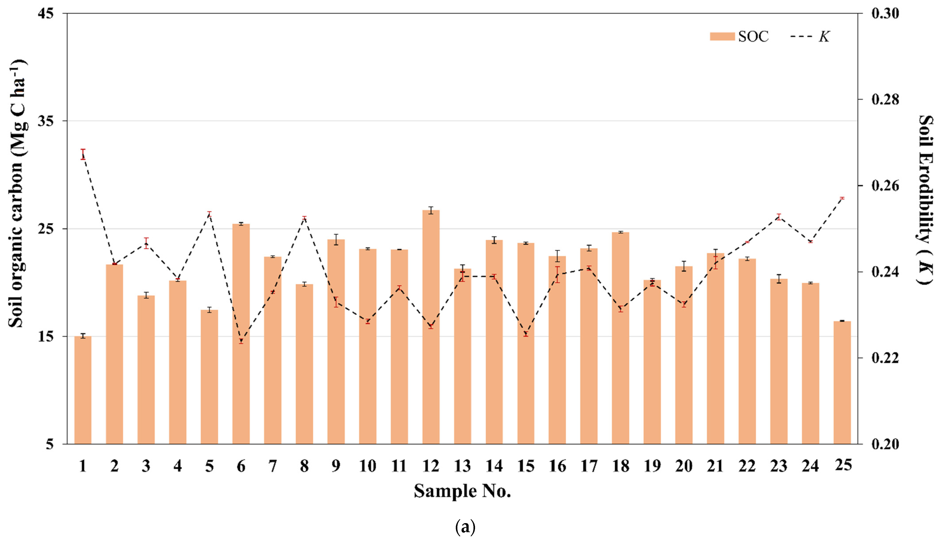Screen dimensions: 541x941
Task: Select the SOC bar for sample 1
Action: point(83,390)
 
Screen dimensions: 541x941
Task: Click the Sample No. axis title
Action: point(462,491)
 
